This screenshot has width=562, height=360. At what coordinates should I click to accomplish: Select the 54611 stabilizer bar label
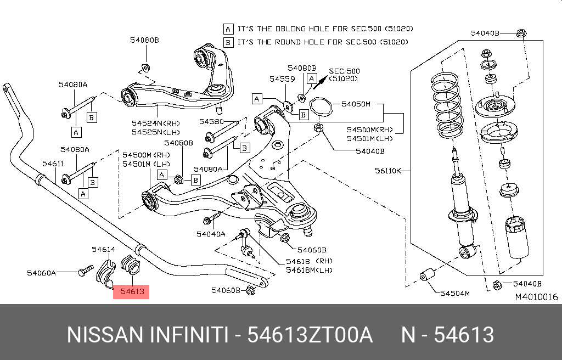54,163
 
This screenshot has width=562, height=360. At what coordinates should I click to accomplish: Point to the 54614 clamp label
103,249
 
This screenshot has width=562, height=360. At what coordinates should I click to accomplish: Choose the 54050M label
356,104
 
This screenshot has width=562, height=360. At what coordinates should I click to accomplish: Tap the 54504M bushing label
455,294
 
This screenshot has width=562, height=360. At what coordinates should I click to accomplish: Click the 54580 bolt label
211,121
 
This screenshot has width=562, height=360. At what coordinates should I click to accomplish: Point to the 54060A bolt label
41,272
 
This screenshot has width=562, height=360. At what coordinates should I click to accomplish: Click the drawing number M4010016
536,297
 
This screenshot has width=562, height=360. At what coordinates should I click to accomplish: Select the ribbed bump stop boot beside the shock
516,237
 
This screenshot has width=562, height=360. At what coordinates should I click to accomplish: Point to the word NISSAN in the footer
103,334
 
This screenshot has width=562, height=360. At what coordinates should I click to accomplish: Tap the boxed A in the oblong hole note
228,28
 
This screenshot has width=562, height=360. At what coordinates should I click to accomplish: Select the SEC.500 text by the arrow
344,71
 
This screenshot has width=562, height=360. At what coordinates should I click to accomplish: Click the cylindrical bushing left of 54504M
427,274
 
